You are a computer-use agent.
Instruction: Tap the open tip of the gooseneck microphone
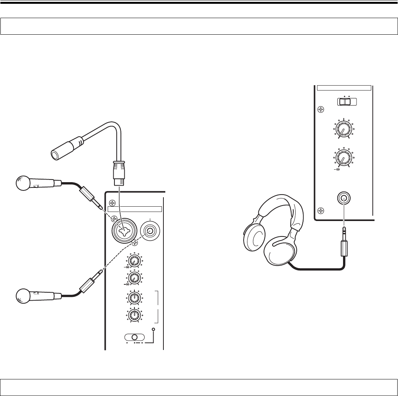coord(55,154)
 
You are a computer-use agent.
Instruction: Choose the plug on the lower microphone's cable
coord(89,283)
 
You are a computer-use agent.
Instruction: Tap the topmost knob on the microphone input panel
coord(133,261)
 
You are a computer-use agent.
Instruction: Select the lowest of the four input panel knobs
coord(133,315)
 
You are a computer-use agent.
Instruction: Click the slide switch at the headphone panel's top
coord(346,102)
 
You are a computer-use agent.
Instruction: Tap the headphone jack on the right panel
coord(343,199)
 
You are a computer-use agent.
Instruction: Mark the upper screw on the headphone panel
coord(320,110)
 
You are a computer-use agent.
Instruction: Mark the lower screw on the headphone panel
coord(320,211)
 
